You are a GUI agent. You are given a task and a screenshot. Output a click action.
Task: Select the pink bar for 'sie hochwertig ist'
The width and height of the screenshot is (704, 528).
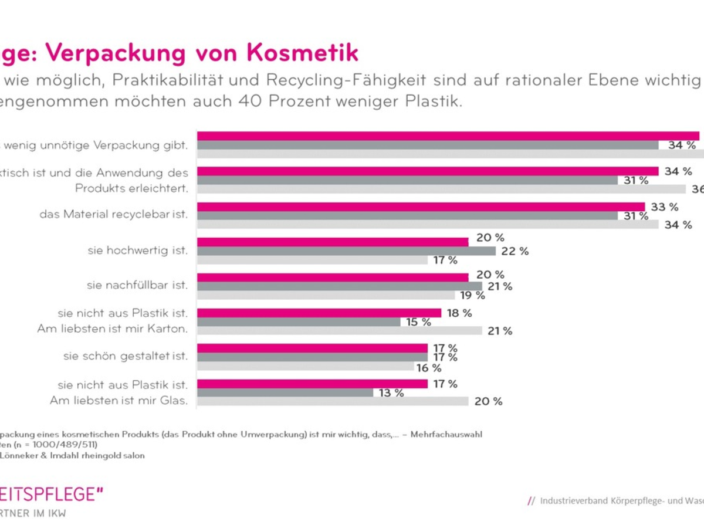(x=332, y=242)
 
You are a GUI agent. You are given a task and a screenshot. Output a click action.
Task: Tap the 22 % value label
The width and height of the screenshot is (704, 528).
(x=515, y=251)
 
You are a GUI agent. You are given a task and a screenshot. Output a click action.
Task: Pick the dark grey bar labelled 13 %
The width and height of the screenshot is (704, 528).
(x=285, y=392)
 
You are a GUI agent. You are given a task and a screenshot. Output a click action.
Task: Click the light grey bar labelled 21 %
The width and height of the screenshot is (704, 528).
(x=339, y=331)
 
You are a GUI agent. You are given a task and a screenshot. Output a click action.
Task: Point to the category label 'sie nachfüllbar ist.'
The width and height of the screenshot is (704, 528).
(x=137, y=285)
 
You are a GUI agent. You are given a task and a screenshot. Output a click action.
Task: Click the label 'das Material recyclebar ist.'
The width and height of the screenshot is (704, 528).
(x=114, y=214)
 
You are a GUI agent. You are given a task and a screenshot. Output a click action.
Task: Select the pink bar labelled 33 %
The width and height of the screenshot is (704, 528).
(x=420, y=207)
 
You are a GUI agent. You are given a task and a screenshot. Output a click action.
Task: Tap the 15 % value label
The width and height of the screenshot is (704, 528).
(x=418, y=321)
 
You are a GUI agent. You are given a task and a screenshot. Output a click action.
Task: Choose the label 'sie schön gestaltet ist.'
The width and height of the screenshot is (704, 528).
(x=126, y=356)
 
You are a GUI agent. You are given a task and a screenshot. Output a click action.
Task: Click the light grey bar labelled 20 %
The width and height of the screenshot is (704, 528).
(x=332, y=401)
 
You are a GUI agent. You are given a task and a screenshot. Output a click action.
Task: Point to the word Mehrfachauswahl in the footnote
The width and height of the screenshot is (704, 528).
(x=446, y=435)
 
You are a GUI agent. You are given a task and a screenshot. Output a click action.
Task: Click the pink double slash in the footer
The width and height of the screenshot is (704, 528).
(x=532, y=500)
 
